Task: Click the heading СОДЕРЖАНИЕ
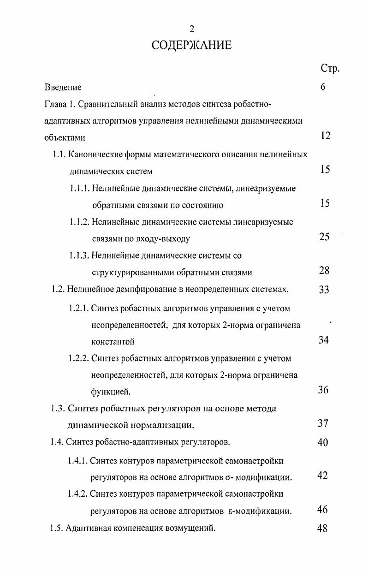click(191, 46)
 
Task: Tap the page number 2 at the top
click(192, 30)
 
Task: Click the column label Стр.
click(330, 69)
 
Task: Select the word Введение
click(63, 87)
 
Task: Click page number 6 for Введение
click(323, 87)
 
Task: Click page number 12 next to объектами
click(325, 136)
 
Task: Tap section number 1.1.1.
click(79, 188)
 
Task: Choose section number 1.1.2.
click(79, 222)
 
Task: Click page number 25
click(324, 237)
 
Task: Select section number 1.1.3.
click(79, 255)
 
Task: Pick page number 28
click(324, 271)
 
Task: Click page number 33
click(324, 290)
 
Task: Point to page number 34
click(323, 341)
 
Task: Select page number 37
click(323, 423)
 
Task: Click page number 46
click(323, 510)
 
